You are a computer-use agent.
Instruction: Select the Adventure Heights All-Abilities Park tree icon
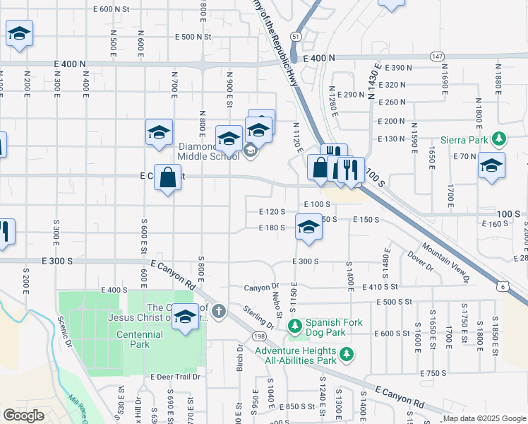point(346,355)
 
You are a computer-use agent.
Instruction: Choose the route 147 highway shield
point(438,56)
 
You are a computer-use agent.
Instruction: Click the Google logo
point(23,416)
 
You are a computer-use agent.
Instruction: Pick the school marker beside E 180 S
point(308,229)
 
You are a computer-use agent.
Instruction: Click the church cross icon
point(219,310)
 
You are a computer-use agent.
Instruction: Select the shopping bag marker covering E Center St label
point(168,178)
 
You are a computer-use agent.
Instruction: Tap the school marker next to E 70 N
point(491,167)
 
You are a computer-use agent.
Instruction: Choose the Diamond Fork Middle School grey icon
point(250,151)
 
